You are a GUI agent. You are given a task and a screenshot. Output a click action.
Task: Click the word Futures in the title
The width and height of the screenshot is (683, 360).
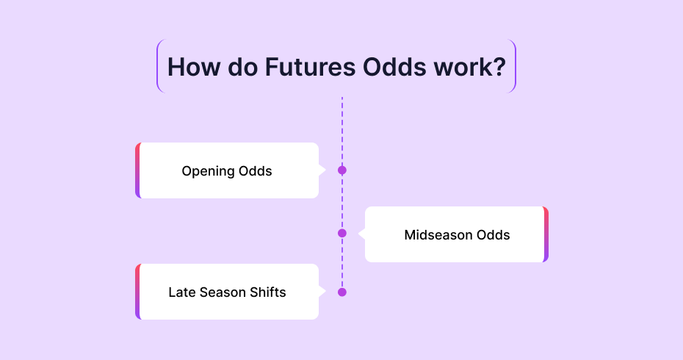point(310,67)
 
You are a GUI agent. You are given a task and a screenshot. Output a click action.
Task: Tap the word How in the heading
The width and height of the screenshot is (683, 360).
point(194,67)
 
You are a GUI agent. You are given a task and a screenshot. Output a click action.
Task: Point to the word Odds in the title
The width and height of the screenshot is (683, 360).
point(394,67)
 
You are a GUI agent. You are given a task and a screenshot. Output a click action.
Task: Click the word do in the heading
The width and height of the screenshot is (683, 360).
point(242,67)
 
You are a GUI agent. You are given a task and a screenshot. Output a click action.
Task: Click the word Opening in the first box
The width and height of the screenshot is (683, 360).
point(204,171)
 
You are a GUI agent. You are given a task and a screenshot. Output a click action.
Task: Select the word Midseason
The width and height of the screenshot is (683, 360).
point(438,235)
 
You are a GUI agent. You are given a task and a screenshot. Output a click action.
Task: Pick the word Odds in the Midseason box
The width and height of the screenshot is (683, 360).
point(493,235)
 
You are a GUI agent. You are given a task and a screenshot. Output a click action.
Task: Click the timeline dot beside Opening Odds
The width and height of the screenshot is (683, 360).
point(342,170)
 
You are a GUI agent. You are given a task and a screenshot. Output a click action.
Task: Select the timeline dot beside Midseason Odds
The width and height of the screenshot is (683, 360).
point(342,233)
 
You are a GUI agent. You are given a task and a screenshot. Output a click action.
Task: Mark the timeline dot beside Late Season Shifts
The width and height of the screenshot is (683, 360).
point(342,292)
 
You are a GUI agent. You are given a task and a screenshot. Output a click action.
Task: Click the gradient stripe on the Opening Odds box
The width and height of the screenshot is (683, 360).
point(137,170)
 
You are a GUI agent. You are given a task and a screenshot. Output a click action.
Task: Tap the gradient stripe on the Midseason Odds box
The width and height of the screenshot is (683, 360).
point(546,234)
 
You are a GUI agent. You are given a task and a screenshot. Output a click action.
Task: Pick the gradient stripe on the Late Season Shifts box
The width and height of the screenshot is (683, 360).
point(137,292)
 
